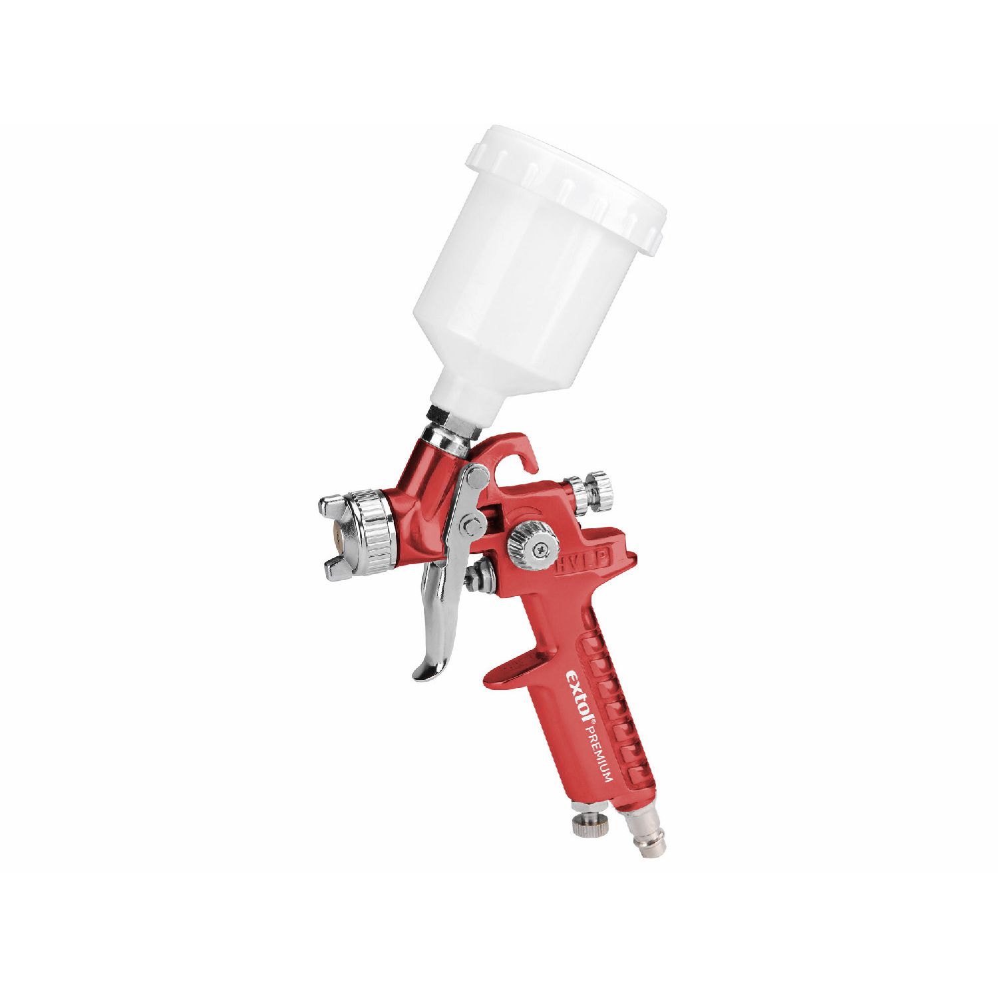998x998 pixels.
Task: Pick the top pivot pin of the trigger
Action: [x=475, y=475]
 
